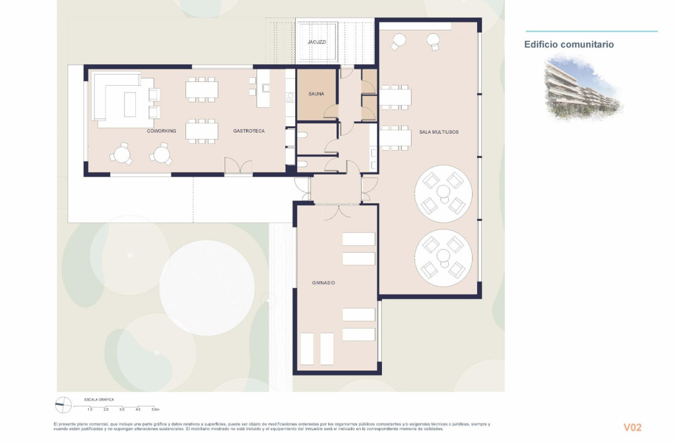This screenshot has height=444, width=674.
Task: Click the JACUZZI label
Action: coord(317,42)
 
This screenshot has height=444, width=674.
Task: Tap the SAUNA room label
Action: coord(316,94)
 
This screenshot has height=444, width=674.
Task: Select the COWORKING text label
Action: coord(161,131)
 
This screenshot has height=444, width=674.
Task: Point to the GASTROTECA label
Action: coord(249,131)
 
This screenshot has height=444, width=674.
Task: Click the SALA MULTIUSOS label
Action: coord(439,132)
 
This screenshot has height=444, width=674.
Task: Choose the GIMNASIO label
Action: coord(323,283)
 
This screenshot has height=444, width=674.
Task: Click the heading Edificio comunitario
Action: coord(569,45)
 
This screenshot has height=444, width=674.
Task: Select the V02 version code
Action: coord(632,427)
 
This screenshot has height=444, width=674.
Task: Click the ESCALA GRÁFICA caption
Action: coord(99,400)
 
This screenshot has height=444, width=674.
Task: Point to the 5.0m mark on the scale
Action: coord(155,410)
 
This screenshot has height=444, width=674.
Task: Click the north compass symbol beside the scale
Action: coord(63,405)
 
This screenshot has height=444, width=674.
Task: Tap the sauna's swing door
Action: coord(331,111)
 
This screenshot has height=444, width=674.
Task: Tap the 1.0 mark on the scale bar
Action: coord(89,410)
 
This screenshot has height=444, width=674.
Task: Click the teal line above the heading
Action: coord(591,31)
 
